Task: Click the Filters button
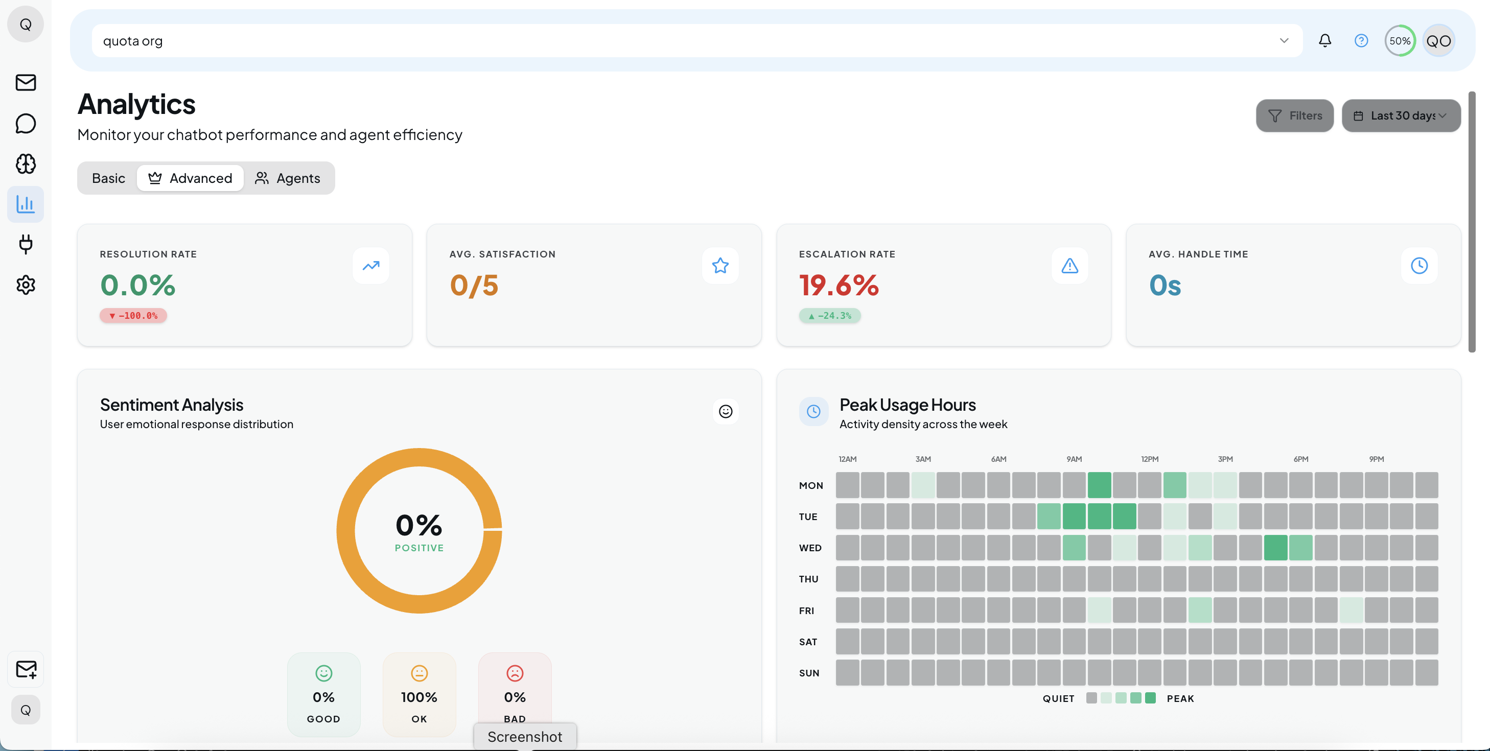[x=1294, y=115]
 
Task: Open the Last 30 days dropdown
[x=1401, y=115]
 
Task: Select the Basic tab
[x=108, y=178]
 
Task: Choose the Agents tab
[x=288, y=178]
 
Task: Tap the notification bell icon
[x=1324, y=40]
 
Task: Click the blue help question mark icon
[x=1361, y=40]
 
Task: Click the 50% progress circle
[x=1399, y=40]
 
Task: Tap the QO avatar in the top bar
[x=1438, y=40]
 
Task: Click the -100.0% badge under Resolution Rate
[x=133, y=316]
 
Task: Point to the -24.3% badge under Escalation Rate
[x=829, y=316]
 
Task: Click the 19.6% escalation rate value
[x=839, y=285]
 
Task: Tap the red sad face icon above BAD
[x=514, y=673]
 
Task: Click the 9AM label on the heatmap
[x=1074, y=459]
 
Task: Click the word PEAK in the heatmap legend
[x=1180, y=698]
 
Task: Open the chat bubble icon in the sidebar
[x=26, y=123]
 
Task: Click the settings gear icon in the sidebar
[x=26, y=285]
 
